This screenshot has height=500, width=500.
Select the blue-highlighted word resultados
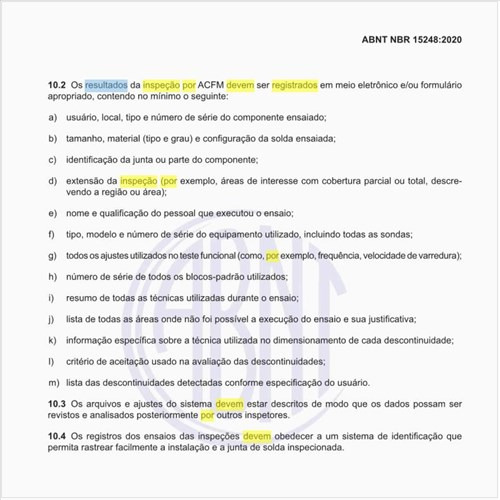pos(106,87)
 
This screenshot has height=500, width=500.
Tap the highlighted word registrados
pos(294,87)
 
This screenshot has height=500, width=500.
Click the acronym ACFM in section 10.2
pos(211,87)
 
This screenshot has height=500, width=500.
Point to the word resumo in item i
pos(83,297)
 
